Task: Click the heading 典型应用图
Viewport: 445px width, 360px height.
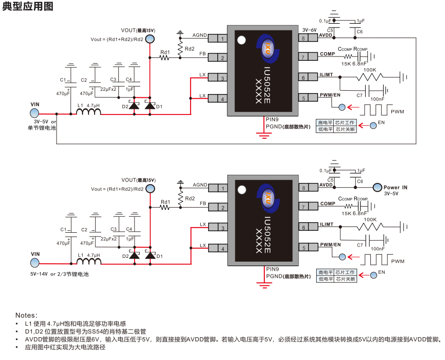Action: [x=27, y=7]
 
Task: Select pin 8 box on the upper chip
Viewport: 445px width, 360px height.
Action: [x=302, y=38]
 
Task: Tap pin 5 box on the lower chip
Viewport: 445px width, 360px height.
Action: [x=302, y=248]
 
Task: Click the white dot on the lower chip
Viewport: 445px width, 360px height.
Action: [x=242, y=189]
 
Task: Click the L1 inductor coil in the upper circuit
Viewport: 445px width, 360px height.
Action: [x=89, y=112]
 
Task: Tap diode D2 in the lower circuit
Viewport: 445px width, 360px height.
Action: [x=135, y=256]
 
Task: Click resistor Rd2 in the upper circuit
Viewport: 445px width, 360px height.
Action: [x=180, y=48]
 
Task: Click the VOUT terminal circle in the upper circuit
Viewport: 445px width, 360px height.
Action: [x=149, y=39]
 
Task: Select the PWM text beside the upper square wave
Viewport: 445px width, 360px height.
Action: [x=397, y=112]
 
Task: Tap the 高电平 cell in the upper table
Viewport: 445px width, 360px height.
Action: [x=324, y=123]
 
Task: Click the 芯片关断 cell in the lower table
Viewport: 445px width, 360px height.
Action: [x=345, y=279]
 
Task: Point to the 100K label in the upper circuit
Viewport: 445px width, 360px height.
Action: [x=370, y=70]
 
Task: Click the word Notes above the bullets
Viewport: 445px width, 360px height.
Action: [x=26, y=315]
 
